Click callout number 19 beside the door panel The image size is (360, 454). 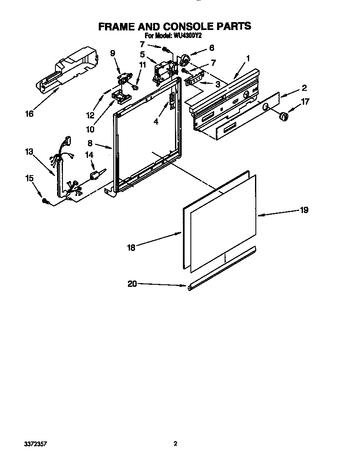click(304, 210)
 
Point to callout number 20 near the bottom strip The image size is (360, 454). click(132, 284)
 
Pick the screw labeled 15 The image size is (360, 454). click(45, 202)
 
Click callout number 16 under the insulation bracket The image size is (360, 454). click(29, 113)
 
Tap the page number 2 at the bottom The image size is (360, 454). click(175, 444)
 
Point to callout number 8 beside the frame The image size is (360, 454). click(90, 143)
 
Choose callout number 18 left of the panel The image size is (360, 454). click(131, 247)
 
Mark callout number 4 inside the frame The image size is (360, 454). click(155, 122)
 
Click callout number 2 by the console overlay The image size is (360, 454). click(304, 88)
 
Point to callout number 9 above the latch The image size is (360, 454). click(112, 53)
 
